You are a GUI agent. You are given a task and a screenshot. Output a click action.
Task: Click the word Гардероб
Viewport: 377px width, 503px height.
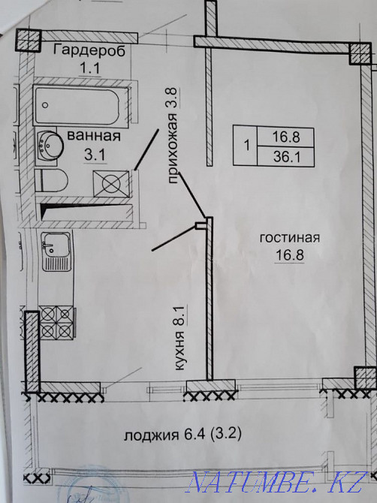pos(89,51)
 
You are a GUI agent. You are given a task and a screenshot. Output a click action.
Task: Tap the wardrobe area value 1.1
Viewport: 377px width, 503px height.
pos(90,68)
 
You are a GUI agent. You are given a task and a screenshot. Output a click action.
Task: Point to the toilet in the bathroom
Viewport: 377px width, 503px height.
pos(51,180)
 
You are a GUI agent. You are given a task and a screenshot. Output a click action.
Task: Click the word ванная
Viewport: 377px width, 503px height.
pos(94,136)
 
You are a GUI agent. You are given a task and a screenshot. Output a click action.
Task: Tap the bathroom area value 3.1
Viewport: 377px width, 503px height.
pos(95,155)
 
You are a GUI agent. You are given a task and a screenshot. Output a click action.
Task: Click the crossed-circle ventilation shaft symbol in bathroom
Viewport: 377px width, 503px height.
pos(111,183)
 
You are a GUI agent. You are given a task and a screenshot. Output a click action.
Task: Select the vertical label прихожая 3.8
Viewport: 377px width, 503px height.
pos(173,135)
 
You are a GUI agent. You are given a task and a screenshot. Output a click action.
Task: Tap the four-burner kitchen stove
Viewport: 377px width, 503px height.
pos(57,322)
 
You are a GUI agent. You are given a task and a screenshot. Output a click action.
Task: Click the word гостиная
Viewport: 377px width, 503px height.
pos(290,238)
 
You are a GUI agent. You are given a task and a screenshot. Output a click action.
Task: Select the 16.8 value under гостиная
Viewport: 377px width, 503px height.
pos(290,255)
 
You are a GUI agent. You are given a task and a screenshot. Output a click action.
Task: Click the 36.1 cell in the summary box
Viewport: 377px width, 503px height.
pos(285,157)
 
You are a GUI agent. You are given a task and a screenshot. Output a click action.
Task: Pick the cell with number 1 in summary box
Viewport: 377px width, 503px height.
pos(246,146)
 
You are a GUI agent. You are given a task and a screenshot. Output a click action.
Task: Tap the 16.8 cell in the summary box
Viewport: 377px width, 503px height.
pos(285,137)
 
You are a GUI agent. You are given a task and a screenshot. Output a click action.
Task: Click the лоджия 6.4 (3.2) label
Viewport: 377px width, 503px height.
pos(182,435)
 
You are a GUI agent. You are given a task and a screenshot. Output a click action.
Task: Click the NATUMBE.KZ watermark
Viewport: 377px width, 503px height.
pos(276,482)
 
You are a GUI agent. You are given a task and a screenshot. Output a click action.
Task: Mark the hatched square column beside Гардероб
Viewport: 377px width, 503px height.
pos(29,40)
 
